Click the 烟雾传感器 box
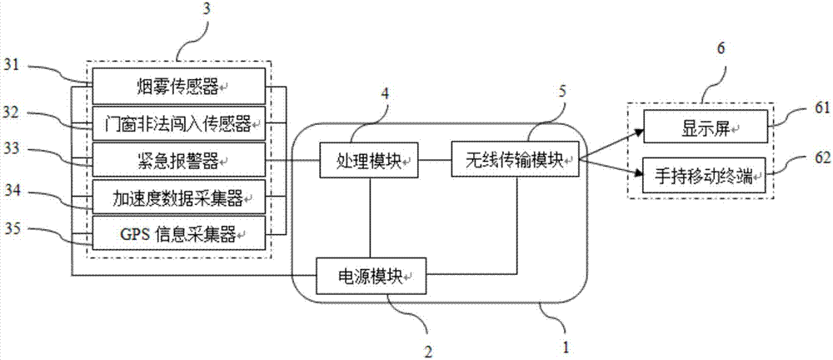pyautogui.click(x=177, y=83)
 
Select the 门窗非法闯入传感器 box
pyautogui.click(x=177, y=123)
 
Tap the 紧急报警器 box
pyautogui.click(x=177, y=158)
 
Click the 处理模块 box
pyautogui.click(x=370, y=158)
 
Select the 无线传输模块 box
pyautogui.click(x=516, y=158)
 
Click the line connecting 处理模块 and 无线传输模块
pyautogui.click(x=436, y=158)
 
